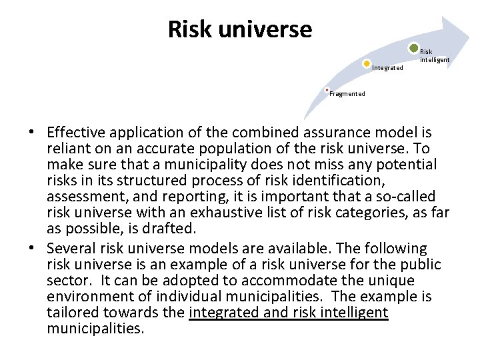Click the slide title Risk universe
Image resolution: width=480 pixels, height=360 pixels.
[x=239, y=29]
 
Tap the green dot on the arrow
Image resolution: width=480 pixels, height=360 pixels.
[x=414, y=48]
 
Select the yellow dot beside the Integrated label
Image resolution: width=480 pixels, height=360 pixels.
[x=367, y=64]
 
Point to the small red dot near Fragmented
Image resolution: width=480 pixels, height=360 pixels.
[x=327, y=89]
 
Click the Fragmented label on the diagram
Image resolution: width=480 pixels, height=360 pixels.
[x=347, y=94]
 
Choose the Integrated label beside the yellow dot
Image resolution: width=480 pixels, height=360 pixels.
[x=387, y=68]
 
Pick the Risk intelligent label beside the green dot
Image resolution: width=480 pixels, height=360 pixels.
[x=434, y=56]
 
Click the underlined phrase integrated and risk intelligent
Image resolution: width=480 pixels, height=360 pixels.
[x=288, y=313]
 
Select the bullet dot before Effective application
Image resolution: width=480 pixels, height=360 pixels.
[x=32, y=133]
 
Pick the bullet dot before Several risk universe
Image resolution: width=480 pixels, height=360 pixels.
[x=32, y=249]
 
